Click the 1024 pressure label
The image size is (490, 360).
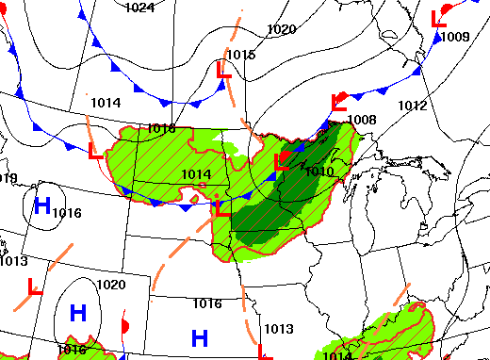(139, 8)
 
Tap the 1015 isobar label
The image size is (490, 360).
(241, 56)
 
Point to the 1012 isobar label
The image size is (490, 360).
(413, 105)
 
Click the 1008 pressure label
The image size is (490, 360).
(362, 120)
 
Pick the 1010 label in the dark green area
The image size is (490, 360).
(319, 171)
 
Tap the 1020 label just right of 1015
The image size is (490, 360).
(281, 29)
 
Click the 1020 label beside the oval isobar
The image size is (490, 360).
(111, 285)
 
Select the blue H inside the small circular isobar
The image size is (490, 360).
(42, 205)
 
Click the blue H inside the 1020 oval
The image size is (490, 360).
(78, 312)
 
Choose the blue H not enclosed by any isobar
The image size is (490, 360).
(200, 336)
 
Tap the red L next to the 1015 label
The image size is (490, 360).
(223, 70)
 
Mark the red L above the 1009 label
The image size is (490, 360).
(437, 18)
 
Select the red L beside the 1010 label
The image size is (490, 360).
(281, 163)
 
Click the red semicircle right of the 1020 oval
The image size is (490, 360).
(125, 325)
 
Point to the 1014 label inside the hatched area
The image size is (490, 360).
(196, 174)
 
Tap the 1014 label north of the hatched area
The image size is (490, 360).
(106, 103)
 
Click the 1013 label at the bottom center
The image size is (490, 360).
(277, 329)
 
